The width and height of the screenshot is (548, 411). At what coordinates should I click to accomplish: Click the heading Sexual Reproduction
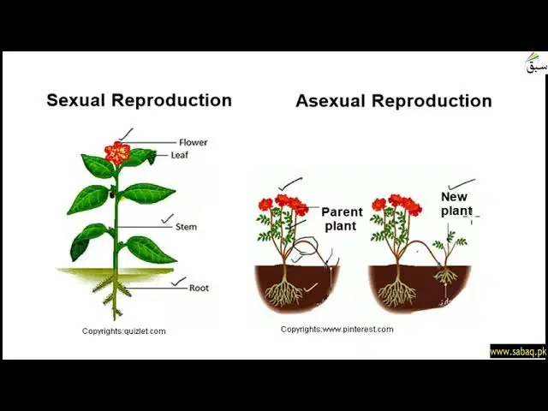(139, 100)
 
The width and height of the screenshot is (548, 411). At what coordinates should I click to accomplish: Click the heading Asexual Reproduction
(394, 101)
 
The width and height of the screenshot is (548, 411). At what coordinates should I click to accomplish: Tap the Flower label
(194, 142)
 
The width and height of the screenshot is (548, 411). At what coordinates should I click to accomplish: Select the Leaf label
(180, 155)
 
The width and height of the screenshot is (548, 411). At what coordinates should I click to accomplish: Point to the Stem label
(186, 227)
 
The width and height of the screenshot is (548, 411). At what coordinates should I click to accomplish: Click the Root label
(199, 288)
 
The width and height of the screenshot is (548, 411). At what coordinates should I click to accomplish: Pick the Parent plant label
(342, 219)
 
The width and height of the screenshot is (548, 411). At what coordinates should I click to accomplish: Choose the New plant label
(456, 204)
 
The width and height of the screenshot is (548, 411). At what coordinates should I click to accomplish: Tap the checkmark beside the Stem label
(167, 219)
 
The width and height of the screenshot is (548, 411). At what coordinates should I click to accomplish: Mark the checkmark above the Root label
(179, 282)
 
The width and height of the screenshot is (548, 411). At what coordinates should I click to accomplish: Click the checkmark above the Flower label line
(126, 134)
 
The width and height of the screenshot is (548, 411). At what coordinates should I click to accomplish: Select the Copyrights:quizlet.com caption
(123, 331)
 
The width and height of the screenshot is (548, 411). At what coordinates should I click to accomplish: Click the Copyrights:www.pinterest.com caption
(337, 329)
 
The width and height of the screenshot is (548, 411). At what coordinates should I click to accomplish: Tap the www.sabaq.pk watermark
(518, 352)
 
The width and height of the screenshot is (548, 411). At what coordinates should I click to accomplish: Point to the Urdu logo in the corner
(535, 63)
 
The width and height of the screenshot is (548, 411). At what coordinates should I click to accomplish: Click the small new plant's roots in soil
(445, 275)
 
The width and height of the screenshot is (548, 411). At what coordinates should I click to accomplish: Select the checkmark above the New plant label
(462, 184)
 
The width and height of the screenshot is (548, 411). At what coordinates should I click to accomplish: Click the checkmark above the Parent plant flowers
(290, 184)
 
